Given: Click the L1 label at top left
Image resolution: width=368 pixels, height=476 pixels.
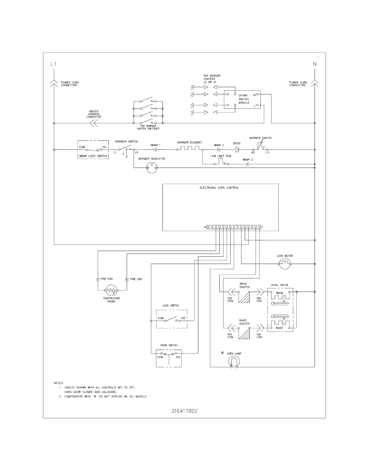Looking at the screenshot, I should (x=53, y=64).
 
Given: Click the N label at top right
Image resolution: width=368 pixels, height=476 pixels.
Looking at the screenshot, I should (x=315, y=64).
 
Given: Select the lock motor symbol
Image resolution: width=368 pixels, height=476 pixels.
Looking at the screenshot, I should (x=285, y=264).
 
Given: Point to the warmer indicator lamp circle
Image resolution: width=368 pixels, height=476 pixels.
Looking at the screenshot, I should (x=152, y=167).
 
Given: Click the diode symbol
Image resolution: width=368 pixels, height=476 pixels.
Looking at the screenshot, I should (x=237, y=149).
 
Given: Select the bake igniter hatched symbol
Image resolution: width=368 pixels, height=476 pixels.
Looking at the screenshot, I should (x=244, y=333).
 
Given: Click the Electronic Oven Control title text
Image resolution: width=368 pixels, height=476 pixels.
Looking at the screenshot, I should (x=219, y=188).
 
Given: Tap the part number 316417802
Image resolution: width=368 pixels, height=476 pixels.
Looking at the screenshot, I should (x=184, y=411).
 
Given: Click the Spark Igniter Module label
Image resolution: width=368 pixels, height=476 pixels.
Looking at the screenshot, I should (x=243, y=99).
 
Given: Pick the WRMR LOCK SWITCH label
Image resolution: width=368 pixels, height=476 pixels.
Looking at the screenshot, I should (x=93, y=156).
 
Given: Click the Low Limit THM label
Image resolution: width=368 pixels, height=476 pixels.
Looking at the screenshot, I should (x=221, y=156).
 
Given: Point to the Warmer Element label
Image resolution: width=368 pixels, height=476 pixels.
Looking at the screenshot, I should (x=190, y=143).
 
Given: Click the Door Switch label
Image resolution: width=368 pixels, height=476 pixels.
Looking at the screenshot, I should (x=169, y=345).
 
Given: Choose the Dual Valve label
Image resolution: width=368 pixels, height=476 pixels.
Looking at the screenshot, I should (x=279, y=285).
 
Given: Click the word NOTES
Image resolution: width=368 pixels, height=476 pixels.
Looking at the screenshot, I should (x=58, y=383).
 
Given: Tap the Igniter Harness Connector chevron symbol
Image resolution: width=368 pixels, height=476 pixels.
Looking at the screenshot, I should (x=94, y=123).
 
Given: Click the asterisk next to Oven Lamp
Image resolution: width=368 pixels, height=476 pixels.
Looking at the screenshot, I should (x=222, y=353).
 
